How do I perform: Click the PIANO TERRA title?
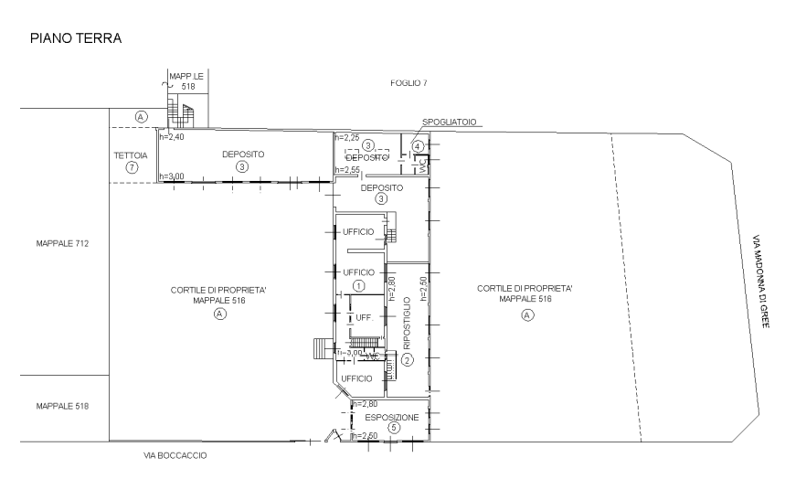pos(76,38)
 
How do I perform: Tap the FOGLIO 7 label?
pos(408,83)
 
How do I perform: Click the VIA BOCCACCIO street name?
pos(175,454)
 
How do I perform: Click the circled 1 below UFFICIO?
pos(358,286)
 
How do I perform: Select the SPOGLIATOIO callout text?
pos(449,122)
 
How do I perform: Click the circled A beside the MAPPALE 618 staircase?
pos(141,117)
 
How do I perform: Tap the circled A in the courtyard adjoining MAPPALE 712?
pos(219,313)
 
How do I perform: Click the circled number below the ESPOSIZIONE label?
pos(392,427)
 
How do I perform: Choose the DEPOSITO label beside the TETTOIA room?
pos(243,154)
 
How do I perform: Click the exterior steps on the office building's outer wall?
pos(319,348)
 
